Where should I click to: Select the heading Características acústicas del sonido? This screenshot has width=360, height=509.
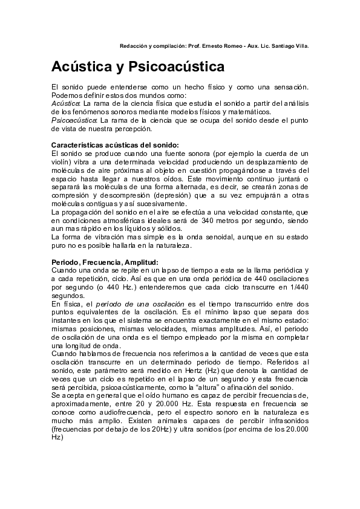click(x=115, y=146)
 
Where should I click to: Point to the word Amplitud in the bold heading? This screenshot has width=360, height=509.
click(x=141, y=262)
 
